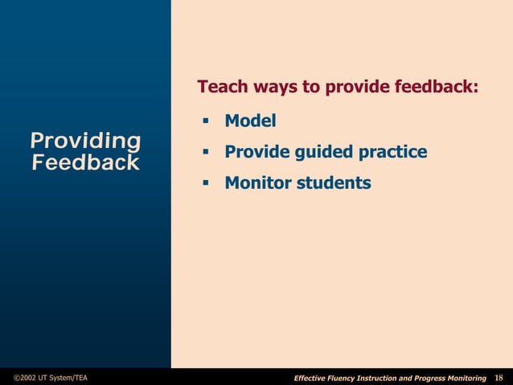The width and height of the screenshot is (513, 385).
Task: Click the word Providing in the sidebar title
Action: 85,141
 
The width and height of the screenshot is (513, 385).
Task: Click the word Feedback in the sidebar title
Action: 85,163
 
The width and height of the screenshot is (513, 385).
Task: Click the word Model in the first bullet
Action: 250,121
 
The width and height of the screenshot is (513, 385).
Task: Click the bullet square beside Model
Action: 206,121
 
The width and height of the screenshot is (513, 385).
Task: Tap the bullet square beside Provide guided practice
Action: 206,152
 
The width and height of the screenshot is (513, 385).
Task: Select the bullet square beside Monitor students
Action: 206,183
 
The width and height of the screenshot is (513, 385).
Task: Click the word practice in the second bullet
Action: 393,152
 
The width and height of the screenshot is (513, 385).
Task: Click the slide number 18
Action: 499,378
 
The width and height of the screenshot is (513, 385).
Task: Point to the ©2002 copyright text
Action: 26,378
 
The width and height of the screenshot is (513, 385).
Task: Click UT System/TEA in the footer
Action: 66,378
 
